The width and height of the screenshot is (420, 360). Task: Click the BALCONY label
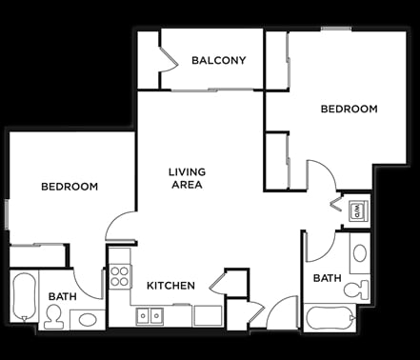(219, 60)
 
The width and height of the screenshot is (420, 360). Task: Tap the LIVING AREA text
(187, 178)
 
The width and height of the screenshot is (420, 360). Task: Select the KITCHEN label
(170, 286)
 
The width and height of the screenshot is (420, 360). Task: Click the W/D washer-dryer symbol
(358, 210)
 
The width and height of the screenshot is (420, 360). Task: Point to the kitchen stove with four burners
(120, 276)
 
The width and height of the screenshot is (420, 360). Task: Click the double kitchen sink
(150, 316)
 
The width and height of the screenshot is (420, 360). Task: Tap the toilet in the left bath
(53, 316)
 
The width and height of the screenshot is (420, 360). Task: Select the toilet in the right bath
(356, 290)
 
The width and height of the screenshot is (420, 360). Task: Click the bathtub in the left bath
(24, 297)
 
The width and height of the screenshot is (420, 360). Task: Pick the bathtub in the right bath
(330, 318)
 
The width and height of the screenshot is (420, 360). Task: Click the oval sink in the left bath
(88, 320)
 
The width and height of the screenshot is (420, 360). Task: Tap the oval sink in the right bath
(360, 253)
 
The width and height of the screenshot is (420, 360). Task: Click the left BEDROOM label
(70, 187)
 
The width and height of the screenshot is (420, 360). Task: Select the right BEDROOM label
(350, 109)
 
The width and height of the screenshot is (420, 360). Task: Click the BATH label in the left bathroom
(63, 296)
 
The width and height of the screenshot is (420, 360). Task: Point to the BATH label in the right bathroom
(328, 278)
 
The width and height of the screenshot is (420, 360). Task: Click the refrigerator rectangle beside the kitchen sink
(208, 316)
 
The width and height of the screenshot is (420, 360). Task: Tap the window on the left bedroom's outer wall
(7, 214)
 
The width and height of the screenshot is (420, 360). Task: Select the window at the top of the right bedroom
(336, 29)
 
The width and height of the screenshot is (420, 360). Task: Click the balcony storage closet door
(169, 59)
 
